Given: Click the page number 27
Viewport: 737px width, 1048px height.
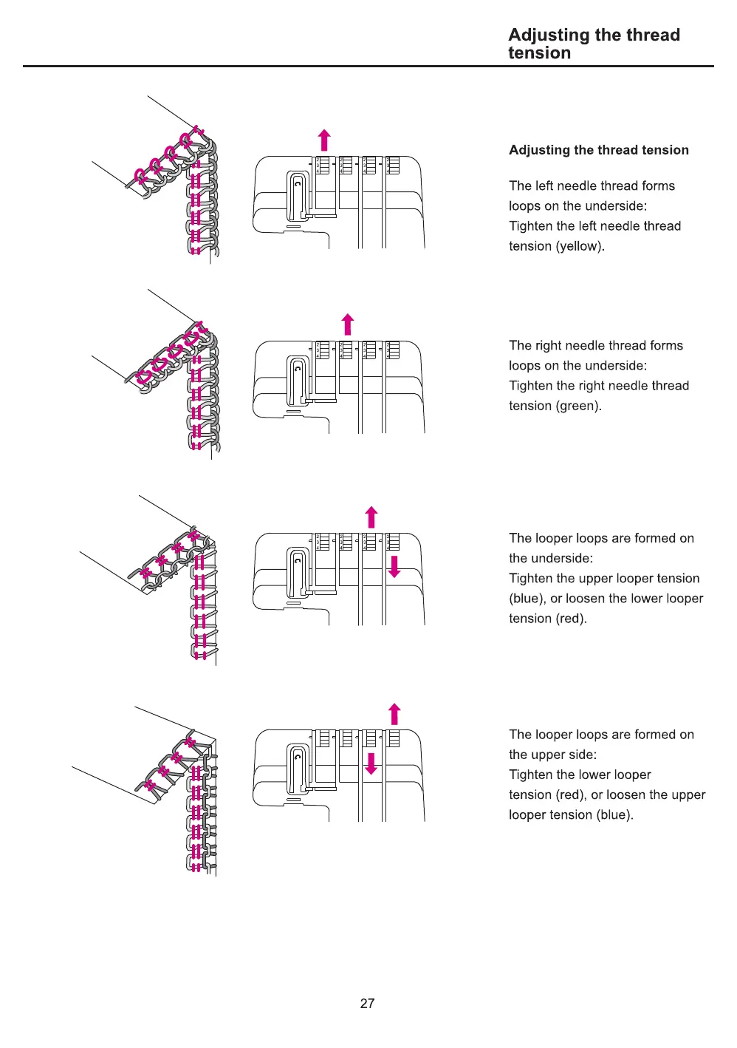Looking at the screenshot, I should click(x=367, y=1003).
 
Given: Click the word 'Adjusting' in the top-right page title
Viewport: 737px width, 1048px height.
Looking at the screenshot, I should click(x=548, y=35).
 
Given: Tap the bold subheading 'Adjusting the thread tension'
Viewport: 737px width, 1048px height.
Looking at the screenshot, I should click(x=598, y=150).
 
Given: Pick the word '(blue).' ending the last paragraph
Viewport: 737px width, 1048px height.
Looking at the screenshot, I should click(x=614, y=814).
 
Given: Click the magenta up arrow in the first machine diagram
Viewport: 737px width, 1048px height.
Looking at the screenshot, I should click(x=323, y=140).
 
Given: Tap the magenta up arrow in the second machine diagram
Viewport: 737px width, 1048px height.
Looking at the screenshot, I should click(x=348, y=324).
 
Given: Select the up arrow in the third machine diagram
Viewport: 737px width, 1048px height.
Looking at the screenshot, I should click(x=371, y=517).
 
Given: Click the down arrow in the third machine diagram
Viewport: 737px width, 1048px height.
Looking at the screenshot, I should click(x=394, y=566).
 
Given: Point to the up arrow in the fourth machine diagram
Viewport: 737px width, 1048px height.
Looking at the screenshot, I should click(x=394, y=714).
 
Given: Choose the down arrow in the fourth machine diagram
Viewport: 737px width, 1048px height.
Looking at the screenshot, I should click(x=371, y=763).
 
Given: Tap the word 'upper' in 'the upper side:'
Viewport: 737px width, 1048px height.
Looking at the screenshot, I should click(x=552, y=755).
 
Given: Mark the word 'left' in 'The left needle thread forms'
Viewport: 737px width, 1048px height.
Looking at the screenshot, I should click(x=543, y=186).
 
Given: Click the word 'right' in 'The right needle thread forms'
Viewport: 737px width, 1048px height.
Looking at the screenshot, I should click(x=548, y=345).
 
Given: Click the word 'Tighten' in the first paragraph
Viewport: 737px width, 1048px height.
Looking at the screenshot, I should click(x=530, y=226).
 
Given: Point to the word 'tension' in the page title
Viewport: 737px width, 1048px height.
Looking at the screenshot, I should click(x=539, y=53).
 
